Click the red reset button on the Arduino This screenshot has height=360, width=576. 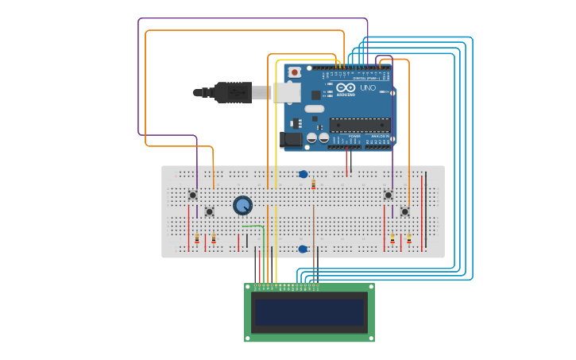295,72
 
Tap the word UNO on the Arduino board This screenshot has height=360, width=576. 368,88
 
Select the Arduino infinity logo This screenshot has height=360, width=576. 345,87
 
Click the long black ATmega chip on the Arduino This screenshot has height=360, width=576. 360,125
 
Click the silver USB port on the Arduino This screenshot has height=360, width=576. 288,92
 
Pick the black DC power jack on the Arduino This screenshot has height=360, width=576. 292,141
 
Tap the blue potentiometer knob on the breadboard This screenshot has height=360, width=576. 242,206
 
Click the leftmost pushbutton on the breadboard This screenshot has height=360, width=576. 192,195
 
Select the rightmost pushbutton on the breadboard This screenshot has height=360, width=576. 404,211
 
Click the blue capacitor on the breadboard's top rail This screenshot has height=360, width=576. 303,174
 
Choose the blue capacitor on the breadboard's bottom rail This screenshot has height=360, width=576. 303,249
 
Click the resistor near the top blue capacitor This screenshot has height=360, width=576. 313,184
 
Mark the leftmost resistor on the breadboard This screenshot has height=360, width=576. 197,238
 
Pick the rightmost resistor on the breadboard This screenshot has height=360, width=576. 409,238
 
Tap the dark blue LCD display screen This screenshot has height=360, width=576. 309,312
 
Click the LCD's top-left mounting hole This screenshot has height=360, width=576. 249,288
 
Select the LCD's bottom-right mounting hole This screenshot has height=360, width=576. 369,338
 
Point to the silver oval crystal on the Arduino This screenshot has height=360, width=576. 315,109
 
